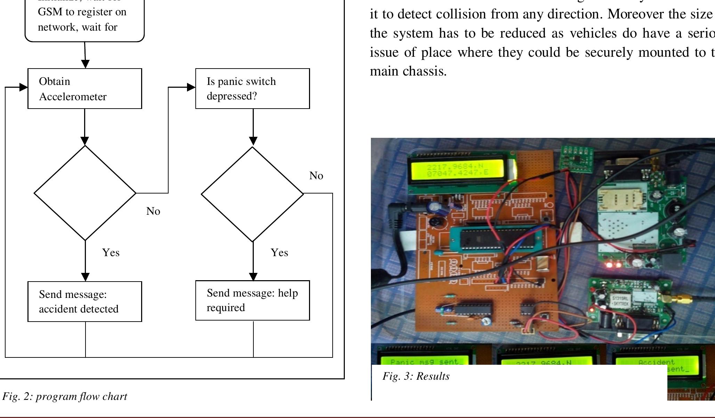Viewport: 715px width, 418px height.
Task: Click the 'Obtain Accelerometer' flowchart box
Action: coord(84,89)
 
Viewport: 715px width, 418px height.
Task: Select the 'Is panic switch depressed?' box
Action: coord(252,89)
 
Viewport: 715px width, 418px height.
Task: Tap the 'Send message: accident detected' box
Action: coord(84,301)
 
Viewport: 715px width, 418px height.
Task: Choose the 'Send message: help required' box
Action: coord(252,300)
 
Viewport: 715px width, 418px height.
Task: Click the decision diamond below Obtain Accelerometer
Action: coord(85,193)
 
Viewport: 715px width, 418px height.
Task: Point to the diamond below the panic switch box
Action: coord(252,194)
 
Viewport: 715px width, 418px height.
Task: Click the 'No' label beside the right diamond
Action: coord(316,176)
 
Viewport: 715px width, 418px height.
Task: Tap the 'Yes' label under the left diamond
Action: coord(111,253)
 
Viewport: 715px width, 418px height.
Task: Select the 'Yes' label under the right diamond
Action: coord(279,253)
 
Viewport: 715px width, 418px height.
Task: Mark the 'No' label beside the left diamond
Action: coord(153,211)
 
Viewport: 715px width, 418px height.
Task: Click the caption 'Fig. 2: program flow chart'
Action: coord(65,396)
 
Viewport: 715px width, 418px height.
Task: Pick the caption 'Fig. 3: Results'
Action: coord(416,376)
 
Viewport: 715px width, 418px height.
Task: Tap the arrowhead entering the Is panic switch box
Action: coord(191,87)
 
